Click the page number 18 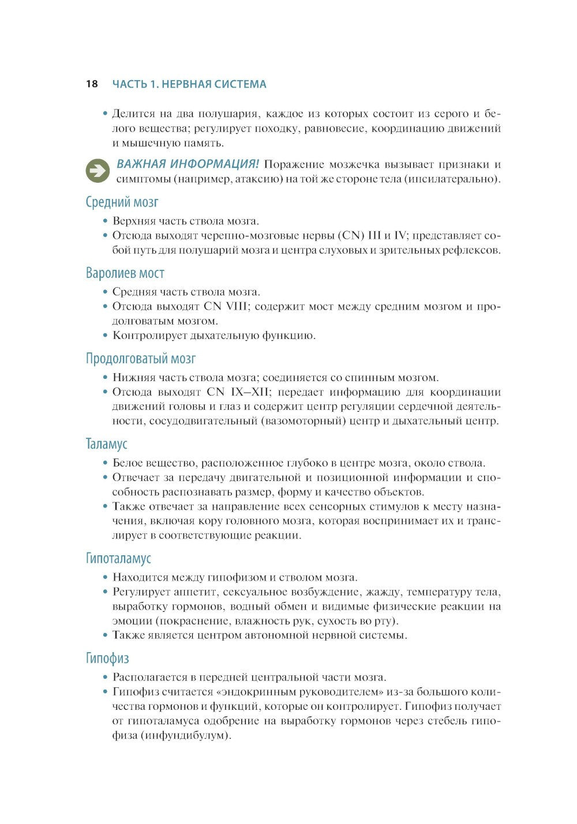click(x=92, y=84)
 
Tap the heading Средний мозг click(x=122, y=202)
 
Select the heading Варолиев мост click(x=125, y=273)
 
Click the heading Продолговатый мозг click(x=141, y=359)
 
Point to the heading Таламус click(x=107, y=444)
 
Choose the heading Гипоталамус click(x=118, y=558)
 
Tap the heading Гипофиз click(x=107, y=659)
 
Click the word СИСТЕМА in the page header click(x=240, y=84)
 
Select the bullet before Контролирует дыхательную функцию click(x=105, y=336)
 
